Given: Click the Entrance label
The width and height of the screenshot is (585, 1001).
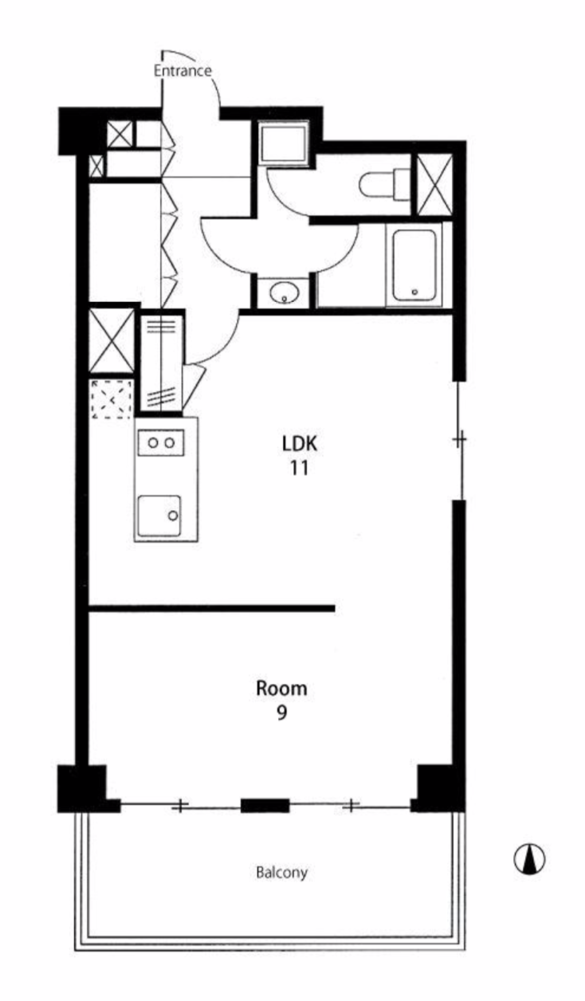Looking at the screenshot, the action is click(183, 71).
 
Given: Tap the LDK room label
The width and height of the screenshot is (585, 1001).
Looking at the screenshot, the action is click(300, 444).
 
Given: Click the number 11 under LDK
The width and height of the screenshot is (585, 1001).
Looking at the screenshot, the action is click(300, 468).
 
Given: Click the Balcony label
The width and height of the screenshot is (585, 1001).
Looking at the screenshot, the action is click(281, 872).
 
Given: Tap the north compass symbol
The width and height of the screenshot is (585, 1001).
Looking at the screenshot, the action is click(529, 859).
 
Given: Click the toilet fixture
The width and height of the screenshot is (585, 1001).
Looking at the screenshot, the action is click(384, 184).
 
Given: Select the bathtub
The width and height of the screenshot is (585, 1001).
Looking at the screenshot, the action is click(414, 266).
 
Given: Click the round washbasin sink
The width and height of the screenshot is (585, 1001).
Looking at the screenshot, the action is click(285, 292).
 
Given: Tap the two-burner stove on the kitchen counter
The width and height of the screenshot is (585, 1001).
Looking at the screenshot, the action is click(161, 442).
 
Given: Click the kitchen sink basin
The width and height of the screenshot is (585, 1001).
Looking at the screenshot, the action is click(159, 516).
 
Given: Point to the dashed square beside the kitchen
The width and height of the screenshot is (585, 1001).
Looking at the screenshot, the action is click(112, 399).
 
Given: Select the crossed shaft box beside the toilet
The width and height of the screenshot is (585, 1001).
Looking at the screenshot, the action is click(434, 184).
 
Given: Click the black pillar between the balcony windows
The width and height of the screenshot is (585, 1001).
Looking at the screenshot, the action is click(265, 806).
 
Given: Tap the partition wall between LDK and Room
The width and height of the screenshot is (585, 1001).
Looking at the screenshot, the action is click(212, 608).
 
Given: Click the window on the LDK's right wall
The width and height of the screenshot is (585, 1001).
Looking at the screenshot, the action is click(459, 441).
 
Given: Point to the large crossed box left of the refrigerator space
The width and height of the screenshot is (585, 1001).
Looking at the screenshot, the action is click(112, 340).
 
